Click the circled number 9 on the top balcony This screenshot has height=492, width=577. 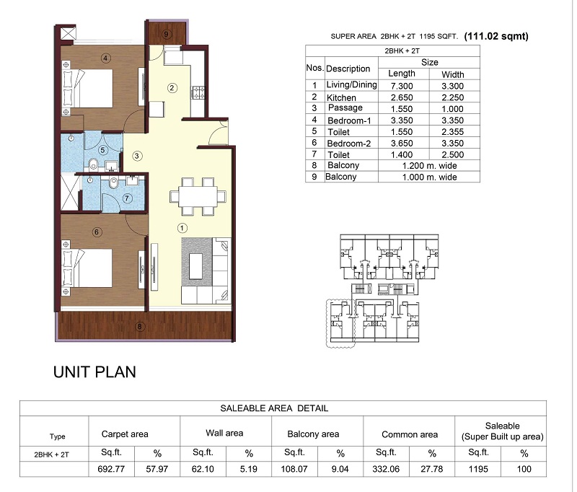click(x=167, y=34)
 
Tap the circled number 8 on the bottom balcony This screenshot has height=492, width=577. click(x=139, y=326)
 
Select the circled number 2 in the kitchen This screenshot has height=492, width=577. click(x=172, y=88)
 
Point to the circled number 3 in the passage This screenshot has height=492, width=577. click(x=137, y=156)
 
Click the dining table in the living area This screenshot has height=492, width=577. click(x=198, y=196)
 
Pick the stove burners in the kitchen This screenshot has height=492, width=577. click(x=199, y=92)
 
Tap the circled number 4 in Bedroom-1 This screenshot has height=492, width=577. click(x=105, y=58)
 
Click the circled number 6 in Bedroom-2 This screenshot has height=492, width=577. click(x=97, y=232)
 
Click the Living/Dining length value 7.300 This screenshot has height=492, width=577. click(x=402, y=86)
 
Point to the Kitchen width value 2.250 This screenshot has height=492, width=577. click(x=453, y=97)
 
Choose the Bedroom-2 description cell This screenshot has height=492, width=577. click(x=349, y=143)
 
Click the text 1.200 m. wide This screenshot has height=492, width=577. click(x=429, y=166)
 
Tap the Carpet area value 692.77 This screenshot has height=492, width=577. click(x=111, y=469)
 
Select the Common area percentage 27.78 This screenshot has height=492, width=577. click(x=431, y=469)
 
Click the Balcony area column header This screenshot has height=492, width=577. click(x=313, y=434)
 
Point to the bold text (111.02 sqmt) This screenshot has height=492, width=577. click(x=496, y=36)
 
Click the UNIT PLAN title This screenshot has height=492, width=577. click(x=94, y=372)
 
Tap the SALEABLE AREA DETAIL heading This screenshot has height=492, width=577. click(x=274, y=408)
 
